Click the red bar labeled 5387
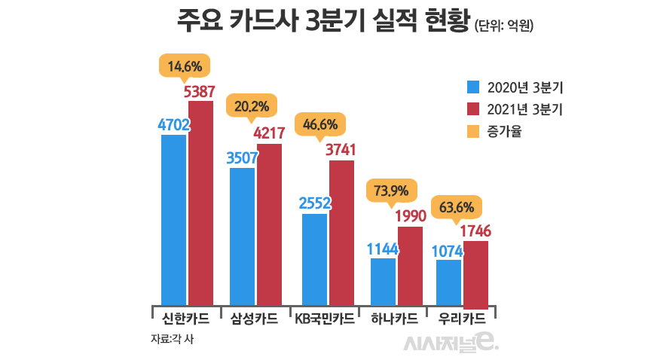click(x=200, y=201)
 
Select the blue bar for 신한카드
click(x=173, y=218)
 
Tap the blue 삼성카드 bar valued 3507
click(x=242, y=235)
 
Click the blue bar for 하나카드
click(x=384, y=280)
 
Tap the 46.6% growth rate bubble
click(x=320, y=124)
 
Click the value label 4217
click(x=269, y=133)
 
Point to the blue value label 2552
click(x=315, y=203)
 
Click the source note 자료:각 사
click(x=173, y=339)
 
